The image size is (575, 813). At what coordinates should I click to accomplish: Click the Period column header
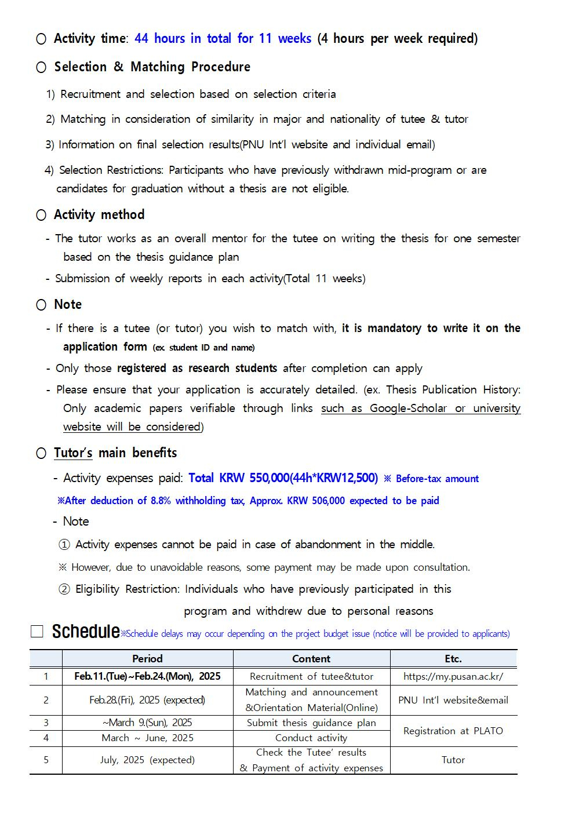pos(147,658)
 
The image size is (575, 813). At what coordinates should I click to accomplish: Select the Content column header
pos(311,658)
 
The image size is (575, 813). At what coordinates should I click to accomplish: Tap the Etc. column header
pos(453,658)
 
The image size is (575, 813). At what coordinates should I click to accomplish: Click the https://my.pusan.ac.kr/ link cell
pos(453,676)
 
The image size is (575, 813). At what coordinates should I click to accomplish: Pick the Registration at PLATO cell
pos(453,731)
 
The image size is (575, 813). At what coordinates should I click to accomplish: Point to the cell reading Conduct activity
pos(311,738)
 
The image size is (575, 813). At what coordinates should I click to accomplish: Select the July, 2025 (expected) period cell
pos(147,760)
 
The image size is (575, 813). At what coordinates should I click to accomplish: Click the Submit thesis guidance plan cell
pos(311,723)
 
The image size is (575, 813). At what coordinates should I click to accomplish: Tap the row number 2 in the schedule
pos(46,700)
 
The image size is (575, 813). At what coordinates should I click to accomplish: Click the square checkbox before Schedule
pos(37,632)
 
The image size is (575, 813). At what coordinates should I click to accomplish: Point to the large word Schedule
pos(86,632)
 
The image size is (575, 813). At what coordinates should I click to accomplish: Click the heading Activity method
pos(99,214)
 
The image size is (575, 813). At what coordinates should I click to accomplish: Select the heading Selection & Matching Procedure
pos(152,67)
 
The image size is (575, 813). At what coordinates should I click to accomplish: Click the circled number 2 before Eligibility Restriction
pos(64,589)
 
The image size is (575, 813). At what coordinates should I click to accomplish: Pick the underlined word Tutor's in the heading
pos(73,453)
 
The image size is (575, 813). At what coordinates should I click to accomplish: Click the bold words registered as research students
pos(197,369)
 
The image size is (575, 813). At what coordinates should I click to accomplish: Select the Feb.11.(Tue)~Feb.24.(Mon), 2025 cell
pos(147,676)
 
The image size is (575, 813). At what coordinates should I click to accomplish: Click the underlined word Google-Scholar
pos(408,408)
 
